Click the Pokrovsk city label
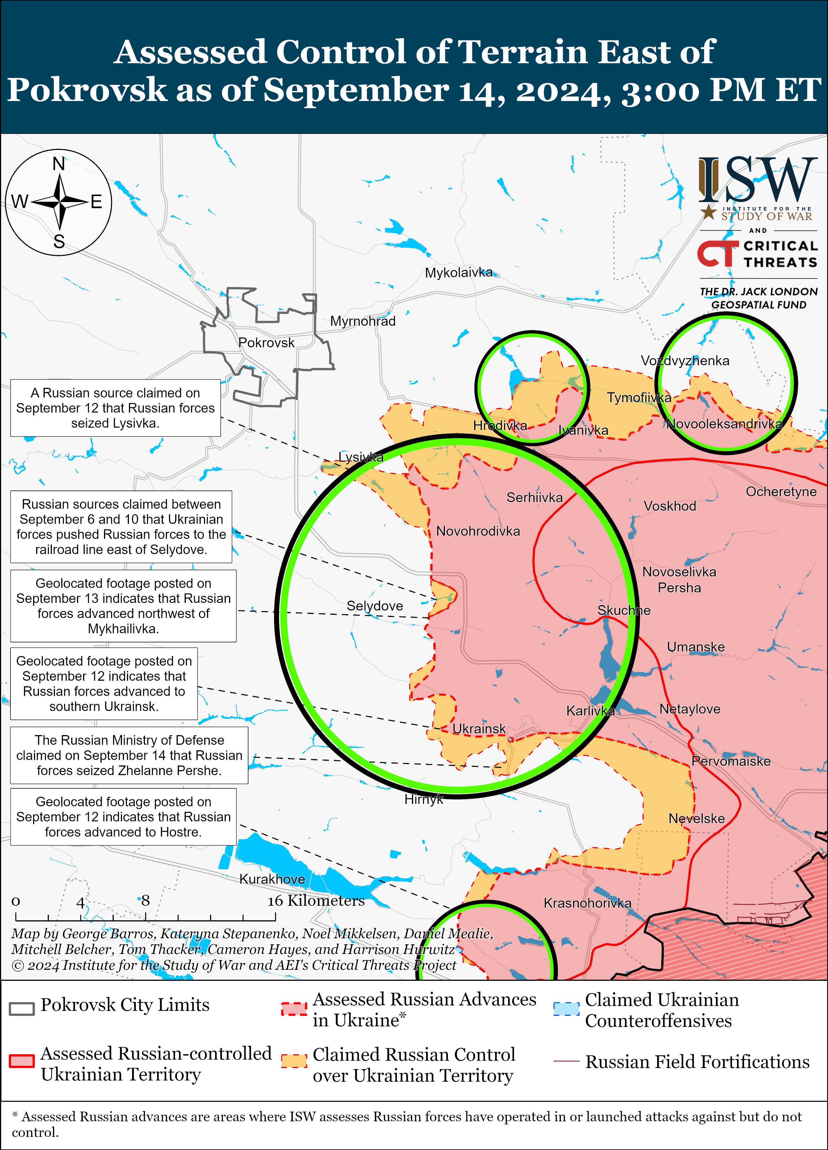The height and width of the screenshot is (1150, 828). pyautogui.click(x=266, y=343)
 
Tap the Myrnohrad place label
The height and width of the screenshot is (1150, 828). pyautogui.click(x=363, y=321)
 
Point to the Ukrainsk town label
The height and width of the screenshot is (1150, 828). pyautogui.click(x=479, y=729)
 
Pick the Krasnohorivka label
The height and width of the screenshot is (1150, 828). pyautogui.click(x=587, y=903)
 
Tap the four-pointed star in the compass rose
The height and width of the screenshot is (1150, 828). pyautogui.click(x=59, y=202)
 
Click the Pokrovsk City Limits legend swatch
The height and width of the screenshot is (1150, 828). pyautogui.click(x=22, y=1009)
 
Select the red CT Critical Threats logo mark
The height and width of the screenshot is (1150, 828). pyautogui.click(x=717, y=253)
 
